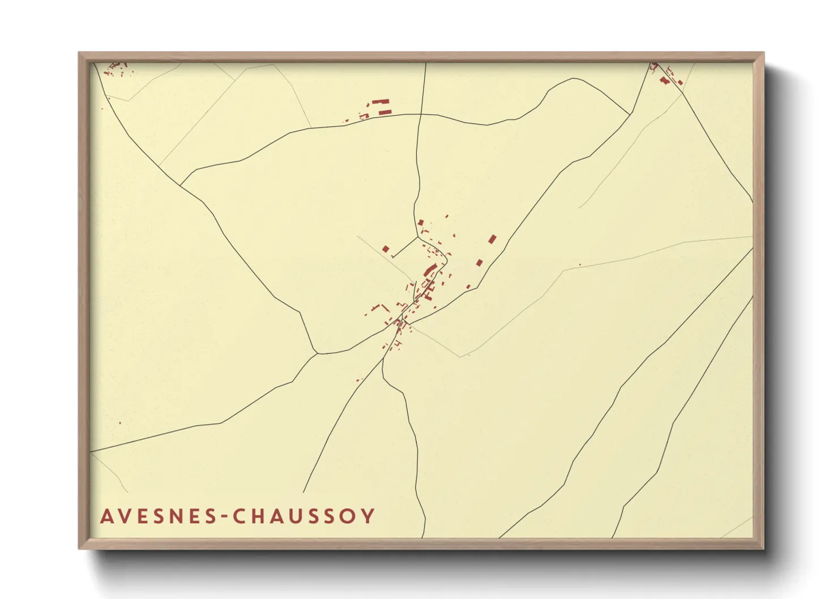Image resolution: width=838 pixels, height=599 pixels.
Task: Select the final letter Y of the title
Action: point(368,516)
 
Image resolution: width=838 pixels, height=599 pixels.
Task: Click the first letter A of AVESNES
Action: point(107,516)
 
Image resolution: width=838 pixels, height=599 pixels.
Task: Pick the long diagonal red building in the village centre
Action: point(430,270)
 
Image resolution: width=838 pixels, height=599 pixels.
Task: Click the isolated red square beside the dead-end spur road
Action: point(386,249)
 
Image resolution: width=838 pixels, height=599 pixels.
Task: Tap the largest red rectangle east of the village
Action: point(492,239)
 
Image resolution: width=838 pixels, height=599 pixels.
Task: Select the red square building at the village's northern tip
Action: point(420,223)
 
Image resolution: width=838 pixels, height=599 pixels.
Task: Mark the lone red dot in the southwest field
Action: point(119,423)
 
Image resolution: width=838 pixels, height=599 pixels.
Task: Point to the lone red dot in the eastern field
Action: point(579,264)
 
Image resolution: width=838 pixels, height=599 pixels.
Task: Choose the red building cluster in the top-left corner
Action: point(116,69)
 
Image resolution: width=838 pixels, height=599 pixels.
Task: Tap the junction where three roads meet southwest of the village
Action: point(317,353)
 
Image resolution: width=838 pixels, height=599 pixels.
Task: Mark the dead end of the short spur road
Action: point(392,258)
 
